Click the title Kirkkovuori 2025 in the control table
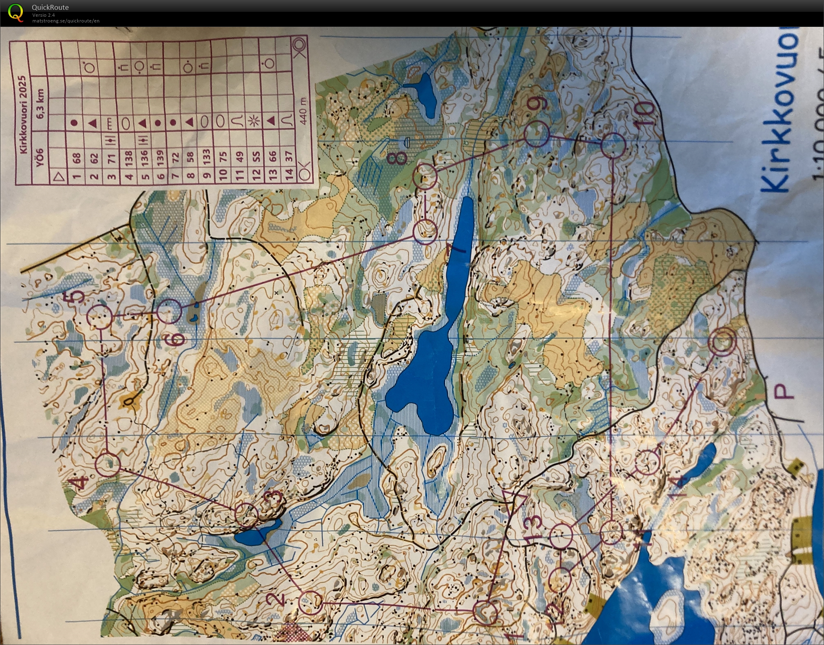[x=23, y=115]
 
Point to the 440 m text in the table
[x=303, y=107]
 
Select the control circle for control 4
[x=108, y=464]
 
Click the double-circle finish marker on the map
[x=723, y=341]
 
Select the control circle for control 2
[x=310, y=603]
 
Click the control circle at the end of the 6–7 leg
[x=425, y=232]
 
